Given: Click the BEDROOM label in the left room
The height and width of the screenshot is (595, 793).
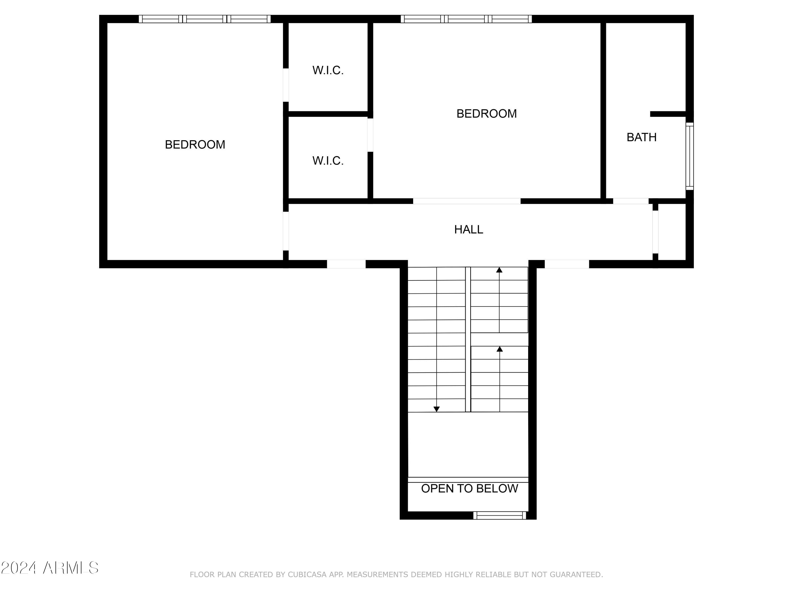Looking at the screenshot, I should point(195,145).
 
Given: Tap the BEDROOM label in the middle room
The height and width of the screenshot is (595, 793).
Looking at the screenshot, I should point(486,114).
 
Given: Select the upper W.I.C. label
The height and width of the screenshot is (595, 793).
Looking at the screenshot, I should point(328,70).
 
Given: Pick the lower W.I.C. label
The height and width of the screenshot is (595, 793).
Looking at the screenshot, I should point(328,161).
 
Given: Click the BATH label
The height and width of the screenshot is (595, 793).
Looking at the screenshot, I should point(641,137).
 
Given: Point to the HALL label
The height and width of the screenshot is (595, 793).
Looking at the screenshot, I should point(469,230).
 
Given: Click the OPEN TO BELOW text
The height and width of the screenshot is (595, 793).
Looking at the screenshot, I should point(469,488).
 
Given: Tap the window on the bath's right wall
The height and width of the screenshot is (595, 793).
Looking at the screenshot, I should point(689,156).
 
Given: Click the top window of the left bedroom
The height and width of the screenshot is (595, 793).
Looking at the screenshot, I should point(205,19).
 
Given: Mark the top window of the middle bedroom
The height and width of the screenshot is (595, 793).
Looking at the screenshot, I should point(466,19).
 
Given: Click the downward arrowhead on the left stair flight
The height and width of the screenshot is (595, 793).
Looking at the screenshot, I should point(437,409).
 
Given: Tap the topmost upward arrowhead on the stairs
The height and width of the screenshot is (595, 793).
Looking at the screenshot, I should point(499,270).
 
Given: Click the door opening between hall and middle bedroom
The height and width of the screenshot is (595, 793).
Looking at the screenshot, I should point(467,201).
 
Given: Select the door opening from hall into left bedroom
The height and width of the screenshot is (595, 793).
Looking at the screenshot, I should point(286,231).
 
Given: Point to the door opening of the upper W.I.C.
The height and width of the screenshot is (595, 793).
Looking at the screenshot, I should point(286,85).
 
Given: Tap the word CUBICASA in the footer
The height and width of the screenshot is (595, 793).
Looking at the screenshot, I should point(307,575).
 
